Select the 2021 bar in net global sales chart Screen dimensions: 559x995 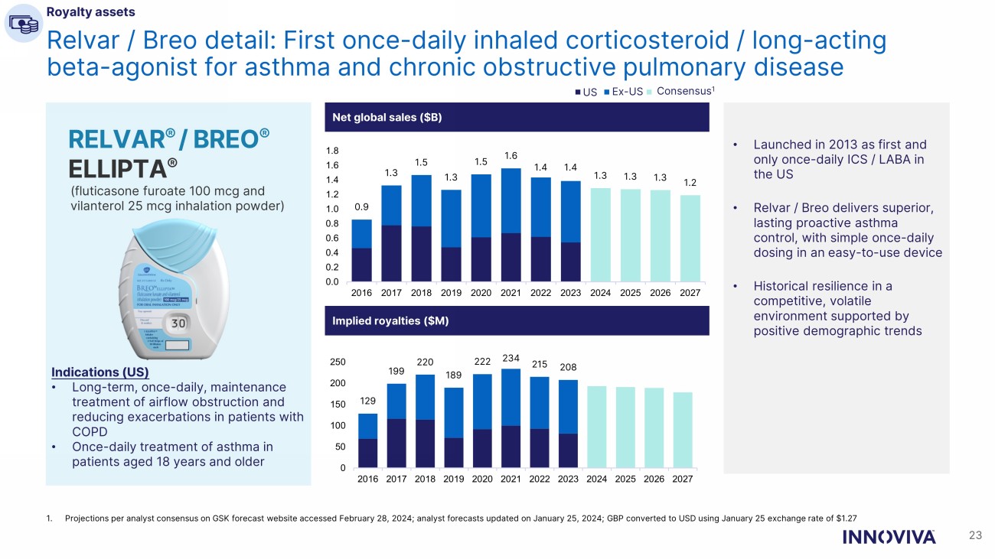(511, 225)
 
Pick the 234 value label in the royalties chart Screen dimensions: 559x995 (511, 358)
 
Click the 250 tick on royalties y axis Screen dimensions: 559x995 (338, 362)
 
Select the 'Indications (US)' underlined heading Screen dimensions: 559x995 (99, 373)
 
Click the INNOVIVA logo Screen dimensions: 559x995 (888, 537)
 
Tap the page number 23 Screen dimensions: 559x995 (974, 536)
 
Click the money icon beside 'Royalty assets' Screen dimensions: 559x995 (22, 23)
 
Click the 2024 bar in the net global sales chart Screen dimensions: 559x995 (600, 235)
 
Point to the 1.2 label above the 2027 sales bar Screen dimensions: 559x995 (690, 184)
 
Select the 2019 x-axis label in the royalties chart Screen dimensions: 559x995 (454, 479)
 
